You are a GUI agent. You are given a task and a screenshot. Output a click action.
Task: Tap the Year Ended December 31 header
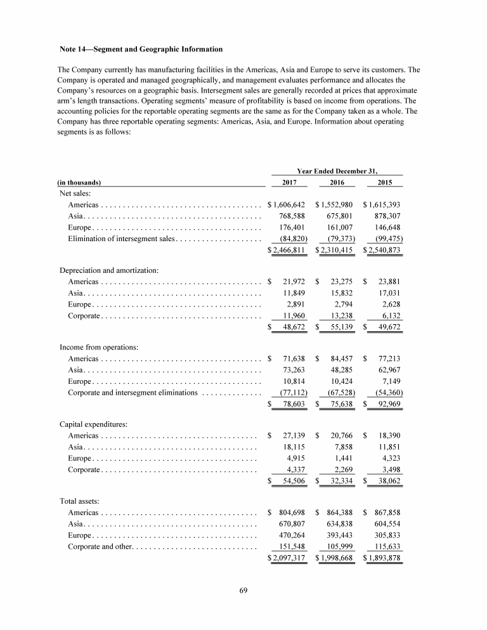337,171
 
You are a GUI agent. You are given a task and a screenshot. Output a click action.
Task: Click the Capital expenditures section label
92,424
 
